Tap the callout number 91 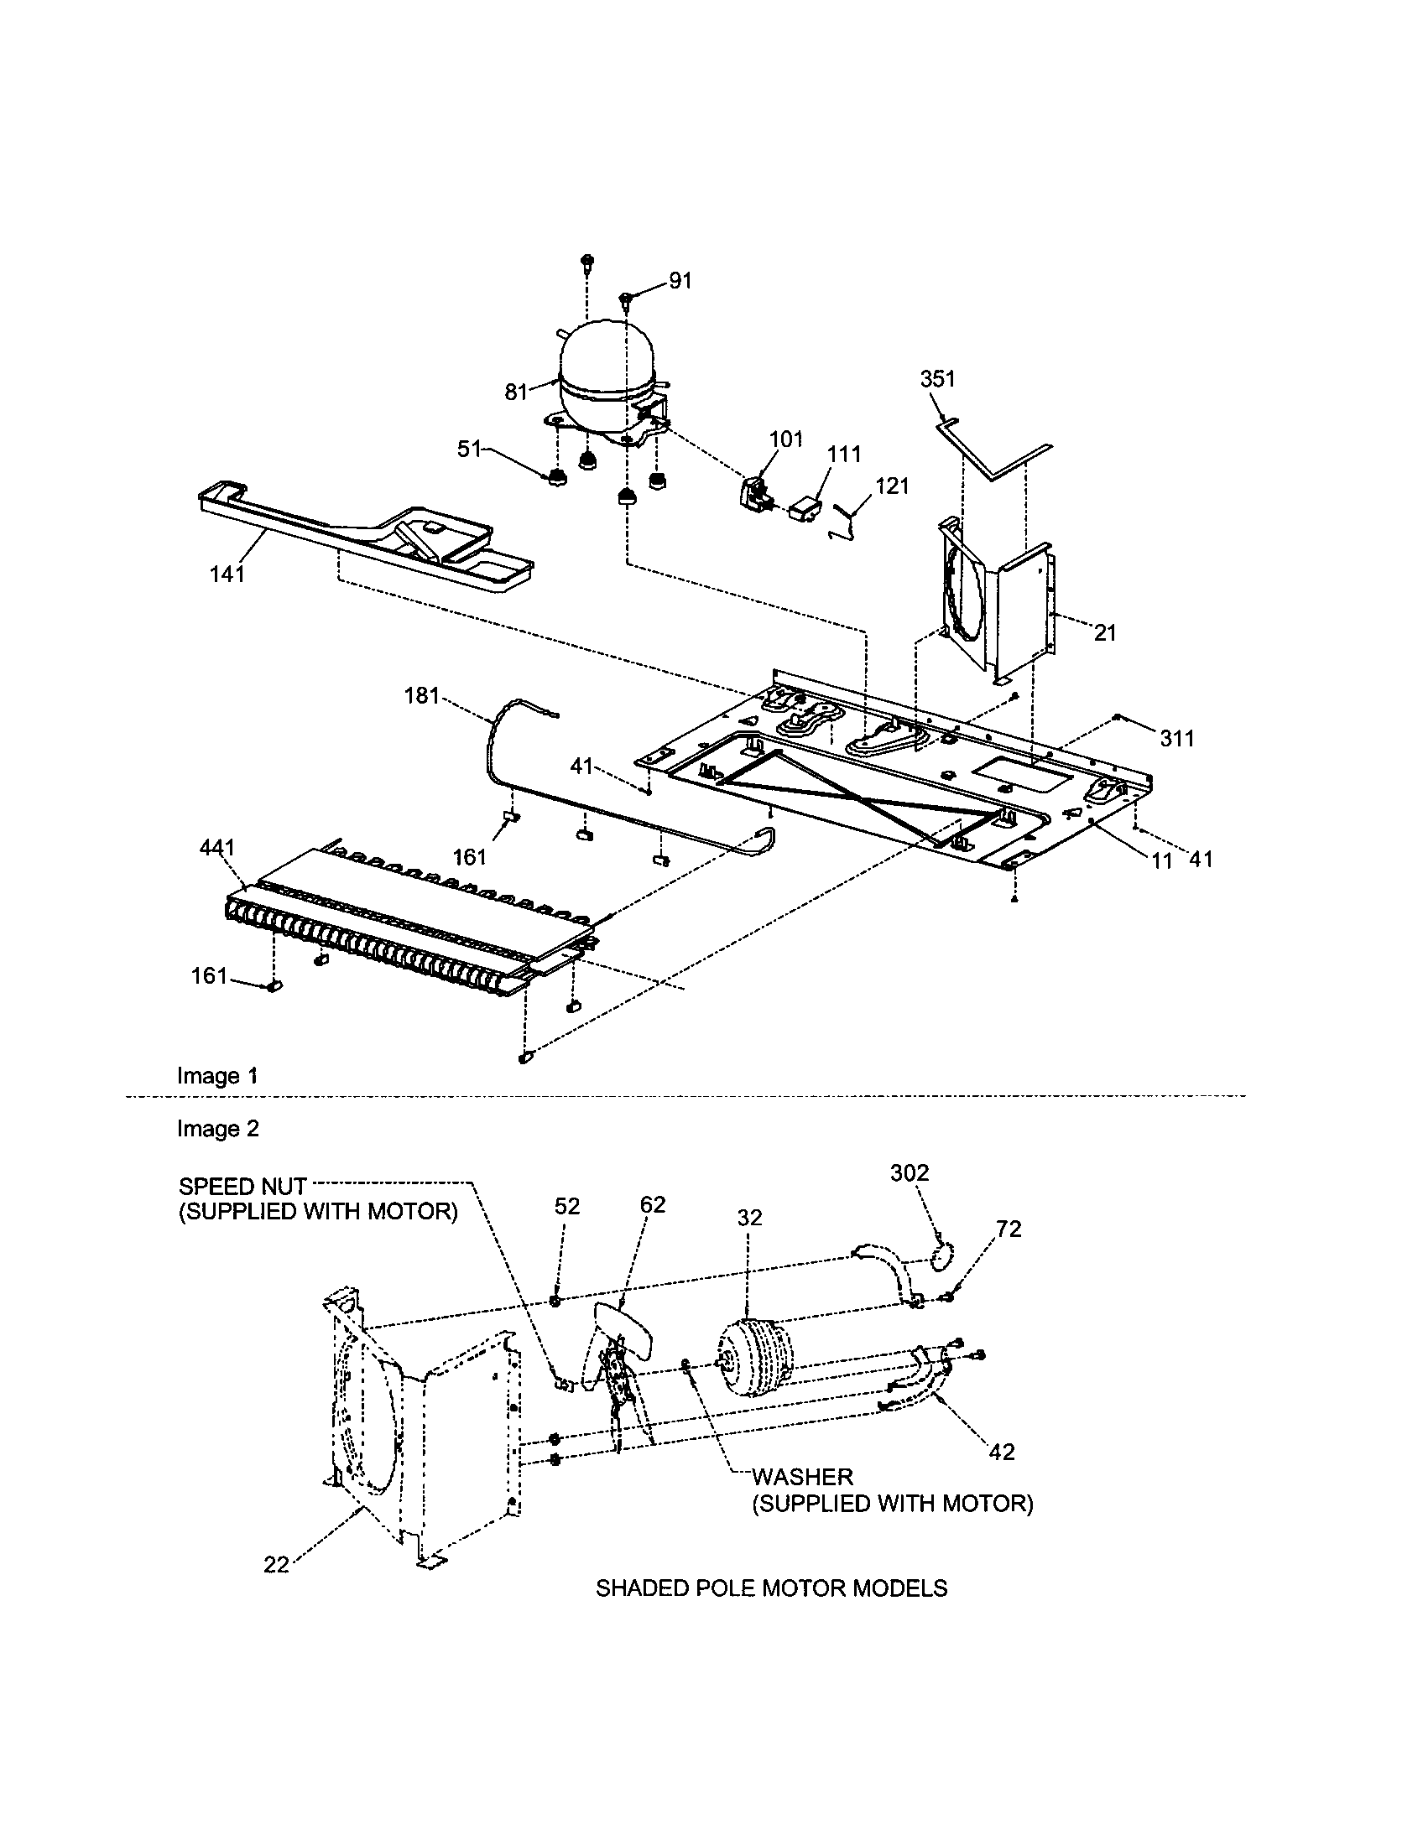point(680,281)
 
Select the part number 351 point(937,379)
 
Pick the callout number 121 point(893,486)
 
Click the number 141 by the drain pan point(227,574)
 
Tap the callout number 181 point(423,695)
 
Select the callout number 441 point(217,847)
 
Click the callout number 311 point(1176,738)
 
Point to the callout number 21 point(1105,632)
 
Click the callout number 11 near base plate point(1162,860)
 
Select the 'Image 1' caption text point(217,1075)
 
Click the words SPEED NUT point(242,1186)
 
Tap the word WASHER point(802,1477)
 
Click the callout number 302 point(910,1173)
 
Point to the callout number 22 point(276,1566)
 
